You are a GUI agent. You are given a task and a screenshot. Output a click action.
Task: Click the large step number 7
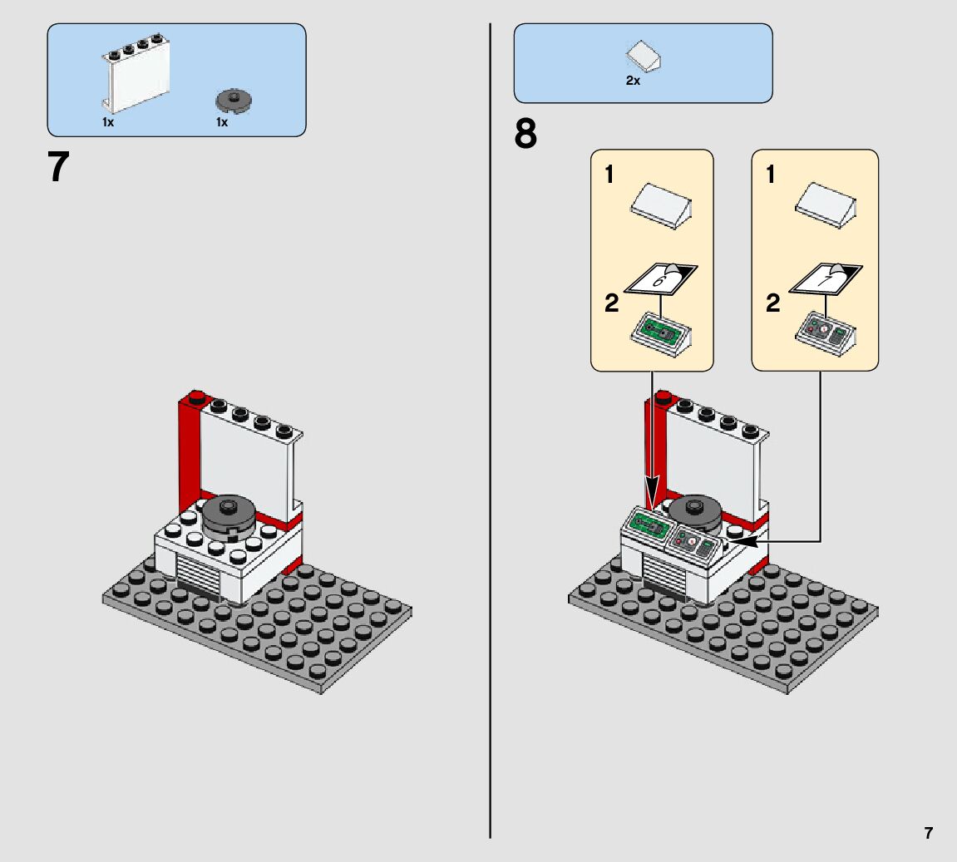[57, 167]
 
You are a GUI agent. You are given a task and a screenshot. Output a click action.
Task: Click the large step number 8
[525, 135]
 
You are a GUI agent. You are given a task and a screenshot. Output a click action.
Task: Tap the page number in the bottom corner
[928, 833]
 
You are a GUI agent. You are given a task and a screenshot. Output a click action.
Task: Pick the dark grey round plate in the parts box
[234, 101]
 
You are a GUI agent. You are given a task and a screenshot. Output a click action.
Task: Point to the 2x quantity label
[633, 81]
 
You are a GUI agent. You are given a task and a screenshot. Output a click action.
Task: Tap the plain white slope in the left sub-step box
[662, 206]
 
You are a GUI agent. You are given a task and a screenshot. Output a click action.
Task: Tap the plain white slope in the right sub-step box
[824, 206]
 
